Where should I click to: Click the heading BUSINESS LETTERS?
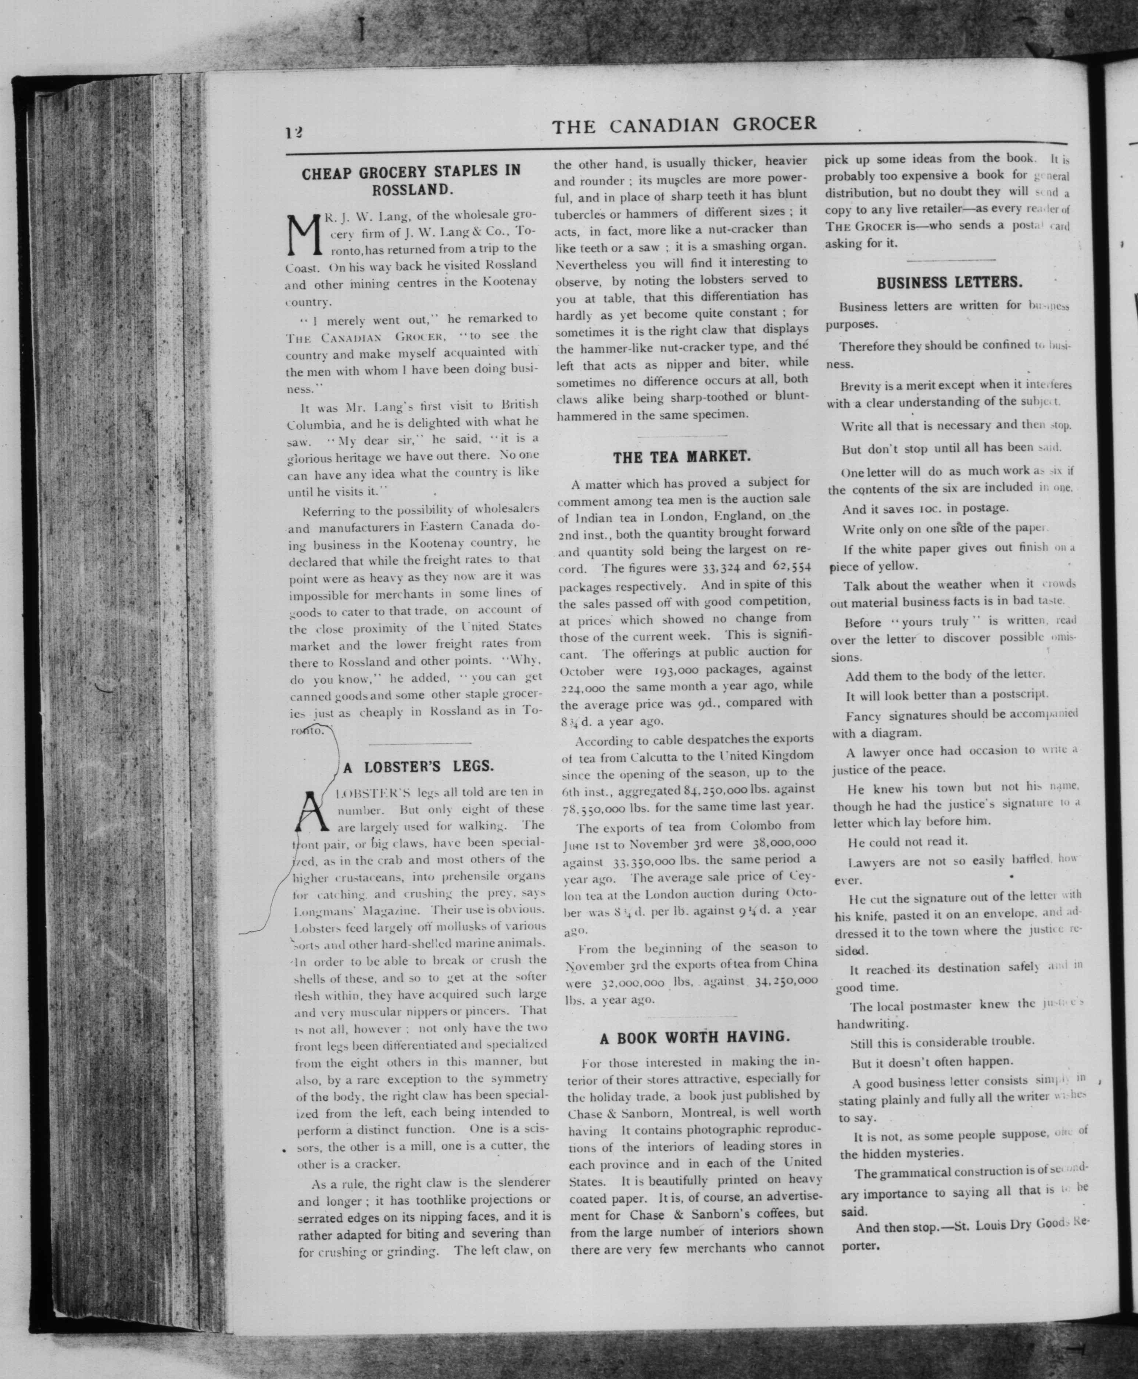(x=949, y=283)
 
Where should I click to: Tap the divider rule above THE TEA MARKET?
(x=682, y=436)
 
